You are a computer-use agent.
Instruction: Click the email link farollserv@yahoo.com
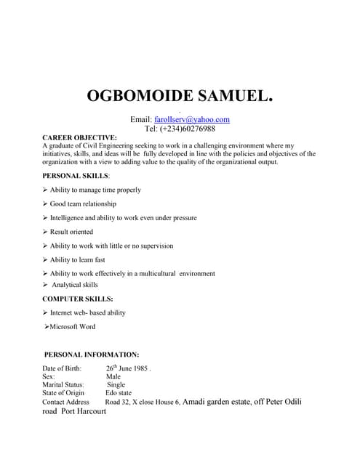coord(192,119)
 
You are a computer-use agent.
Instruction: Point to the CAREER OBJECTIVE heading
coord(79,137)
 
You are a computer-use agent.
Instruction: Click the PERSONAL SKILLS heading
coord(76,176)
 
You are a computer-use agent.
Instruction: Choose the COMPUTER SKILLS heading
coord(78,299)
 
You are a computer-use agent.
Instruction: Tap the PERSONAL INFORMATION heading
coord(92,355)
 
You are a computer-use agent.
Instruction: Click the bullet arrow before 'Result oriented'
coord(46,232)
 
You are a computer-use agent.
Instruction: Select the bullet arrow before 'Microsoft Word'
coord(46,327)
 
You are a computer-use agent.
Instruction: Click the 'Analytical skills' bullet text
coord(74,285)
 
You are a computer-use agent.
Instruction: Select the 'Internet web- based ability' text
coord(88,313)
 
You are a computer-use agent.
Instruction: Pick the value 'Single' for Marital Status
coord(116,385)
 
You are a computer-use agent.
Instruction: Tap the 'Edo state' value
coord(119,393)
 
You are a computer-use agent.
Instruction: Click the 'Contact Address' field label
coord(65,402)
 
